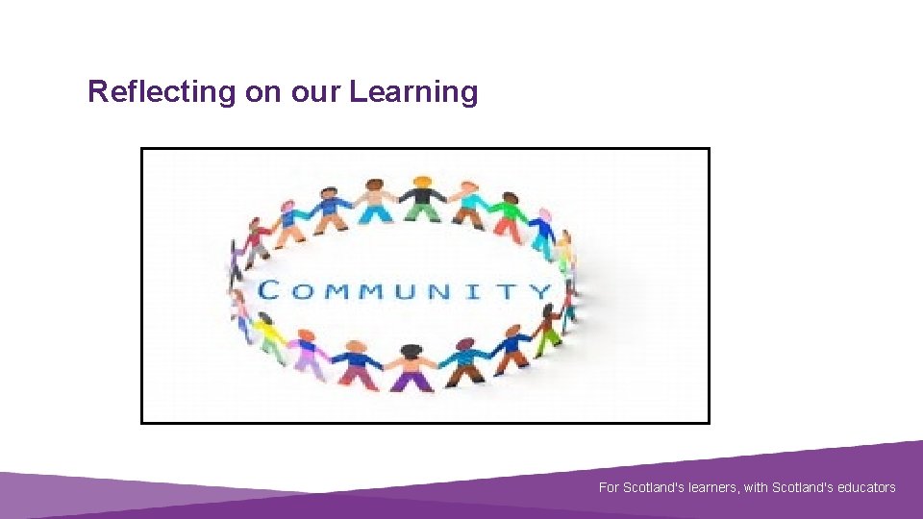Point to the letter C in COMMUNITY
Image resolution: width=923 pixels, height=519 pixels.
coord(270,290)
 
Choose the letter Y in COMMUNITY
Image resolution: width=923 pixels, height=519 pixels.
coord(541,290)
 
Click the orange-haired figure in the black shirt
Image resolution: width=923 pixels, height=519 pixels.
coord(420,197)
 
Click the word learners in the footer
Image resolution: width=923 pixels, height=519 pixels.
coord(711,487)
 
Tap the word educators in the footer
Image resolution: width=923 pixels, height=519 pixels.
coord(863,487)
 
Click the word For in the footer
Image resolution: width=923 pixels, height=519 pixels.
coord(609,487)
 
